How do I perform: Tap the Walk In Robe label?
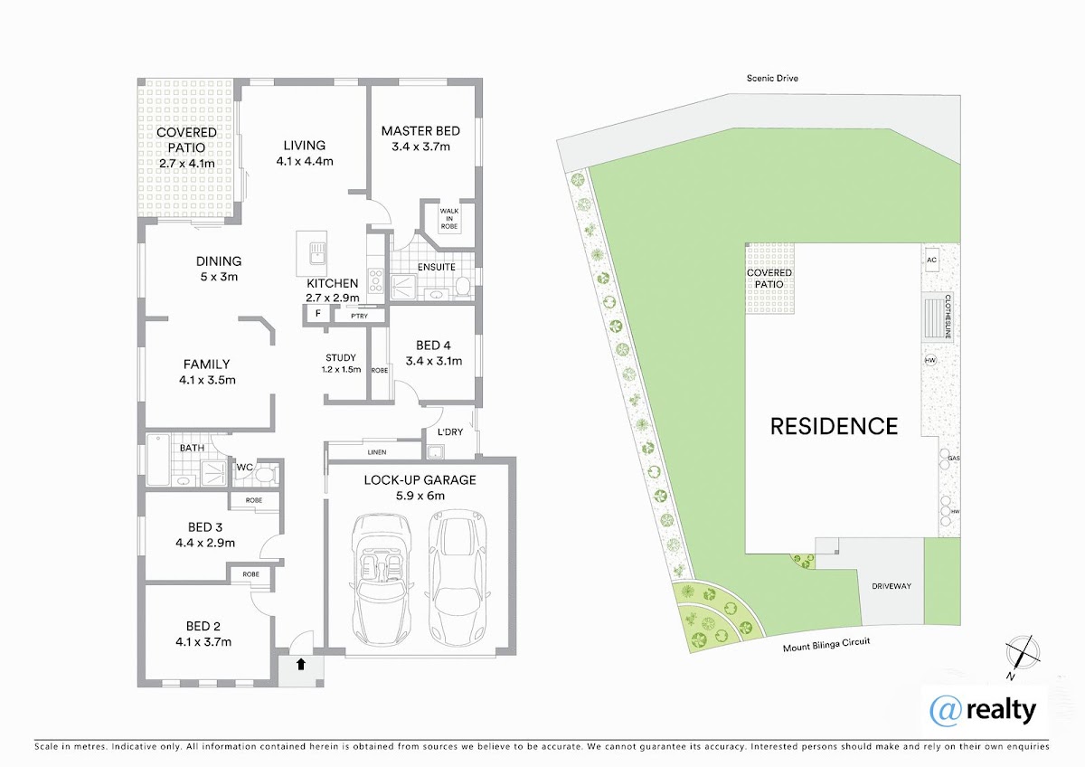(x=449, y=219)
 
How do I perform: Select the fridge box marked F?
(x=317, y=314)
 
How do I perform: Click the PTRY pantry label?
(x=360, y=316)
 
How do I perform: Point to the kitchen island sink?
(x=317, y=252)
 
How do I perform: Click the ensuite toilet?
(x=463, y=286)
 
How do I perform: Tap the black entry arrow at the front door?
(x=301, y=664)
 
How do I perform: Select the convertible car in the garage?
(x=381, y=580)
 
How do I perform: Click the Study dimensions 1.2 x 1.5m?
(x=341, y=370)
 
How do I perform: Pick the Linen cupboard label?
(x=377, y=452)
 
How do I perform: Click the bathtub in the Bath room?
(x=158, y=459)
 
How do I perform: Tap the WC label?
(x=245, y=468)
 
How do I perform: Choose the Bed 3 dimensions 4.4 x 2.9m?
(x=205, y=543)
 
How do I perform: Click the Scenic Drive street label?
(x=772, y=78)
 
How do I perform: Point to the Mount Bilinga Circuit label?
(x=826, y=644)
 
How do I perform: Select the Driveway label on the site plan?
(x=892, y=586)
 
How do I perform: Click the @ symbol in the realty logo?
(x=946, y=711)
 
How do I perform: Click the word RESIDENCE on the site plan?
(x=834, y=426)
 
